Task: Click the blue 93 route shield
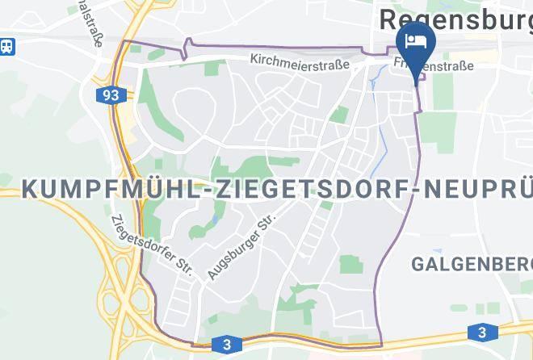click(111, 95)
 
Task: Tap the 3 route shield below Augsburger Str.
click(226, 345)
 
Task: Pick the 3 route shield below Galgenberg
click(482, 332)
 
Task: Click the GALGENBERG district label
click(471, 264)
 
